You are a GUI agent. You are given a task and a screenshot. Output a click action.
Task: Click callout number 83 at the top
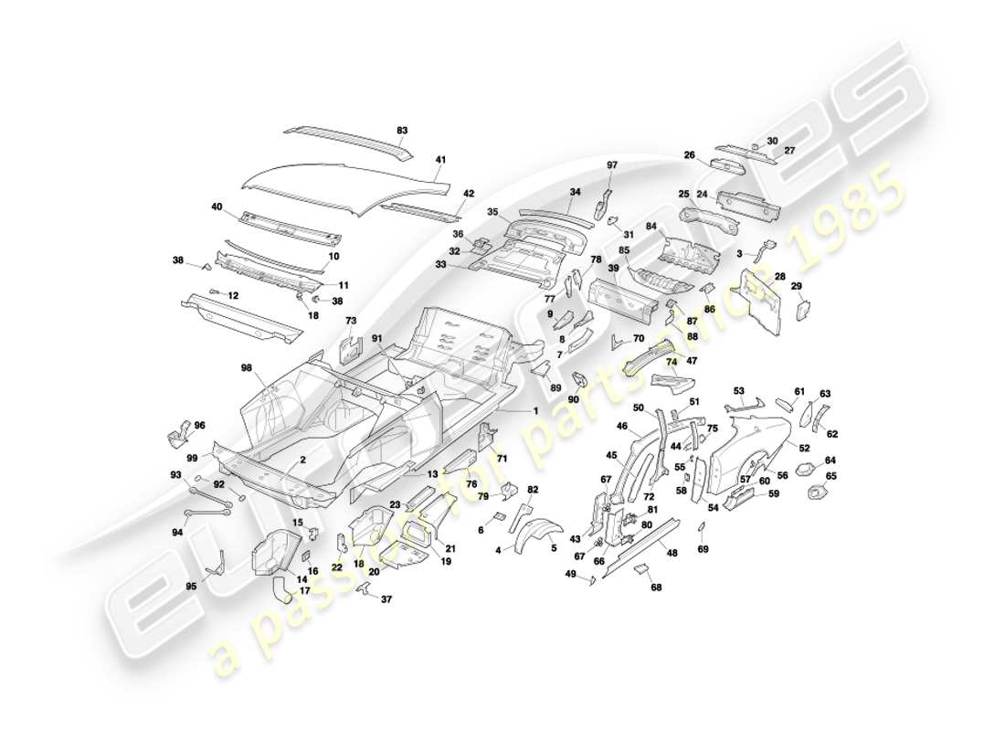(x=402, y=131)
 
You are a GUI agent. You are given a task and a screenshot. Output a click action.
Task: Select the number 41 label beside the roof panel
(x=440, y=161)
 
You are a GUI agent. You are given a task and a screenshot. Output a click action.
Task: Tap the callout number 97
(x=613, y=164)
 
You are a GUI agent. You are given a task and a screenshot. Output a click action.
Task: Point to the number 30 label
(x=772, y=141)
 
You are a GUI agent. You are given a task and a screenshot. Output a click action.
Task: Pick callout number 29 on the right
(x=796, y=287)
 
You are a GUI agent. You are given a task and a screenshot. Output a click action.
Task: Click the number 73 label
(x=350, y=321)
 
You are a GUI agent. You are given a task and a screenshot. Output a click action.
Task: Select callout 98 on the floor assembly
(x=246, y=367)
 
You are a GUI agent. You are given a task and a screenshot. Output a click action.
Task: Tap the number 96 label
(x=200, y=425)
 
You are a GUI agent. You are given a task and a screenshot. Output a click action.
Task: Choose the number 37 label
(x=386, y=599)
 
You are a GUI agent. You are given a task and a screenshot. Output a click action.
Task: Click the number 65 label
(x=830, y=476)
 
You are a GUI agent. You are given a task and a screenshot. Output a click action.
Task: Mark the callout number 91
(x=376, y=339)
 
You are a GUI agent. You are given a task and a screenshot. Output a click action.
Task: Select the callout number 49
(x=570, y=575)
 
